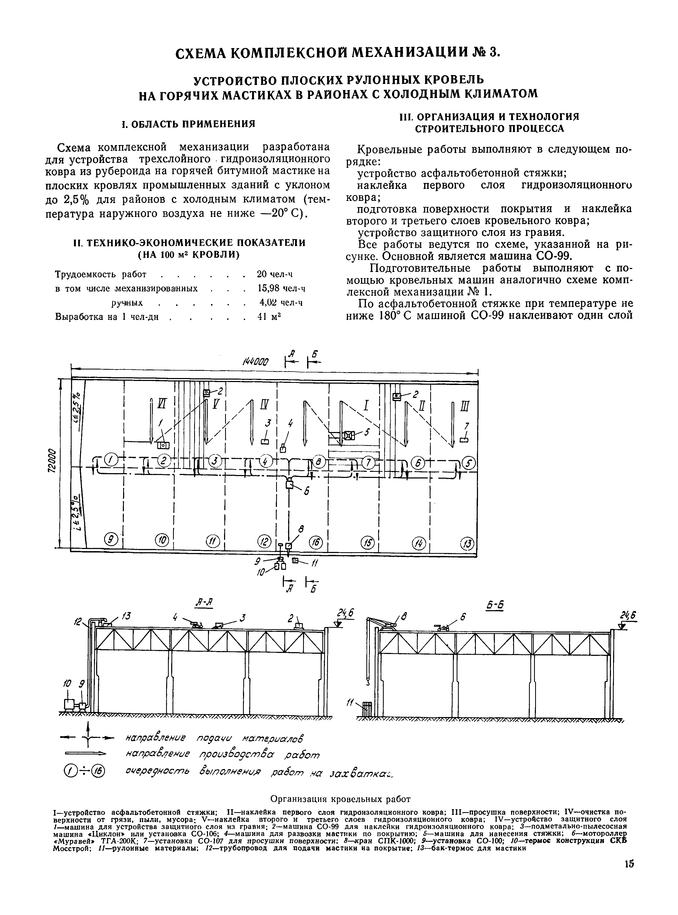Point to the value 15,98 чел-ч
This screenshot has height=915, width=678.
tap(281, 289)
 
